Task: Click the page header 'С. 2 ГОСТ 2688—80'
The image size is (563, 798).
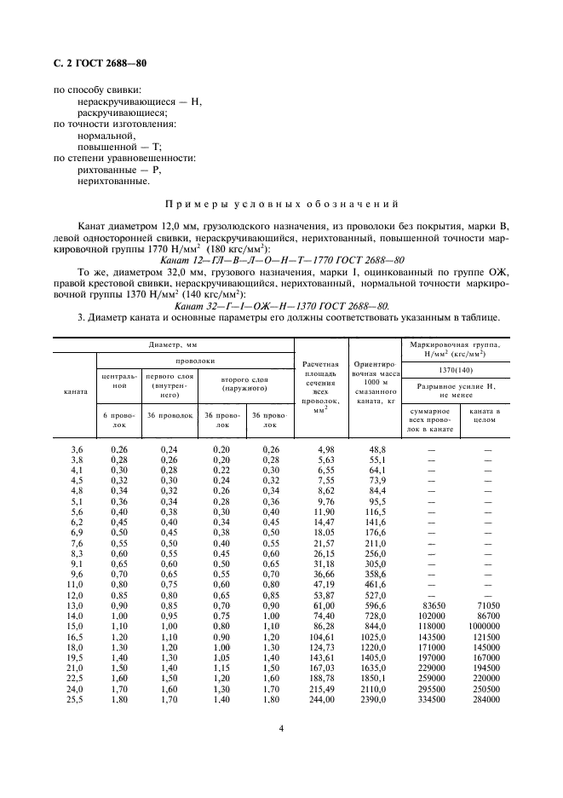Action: tap(101, 62)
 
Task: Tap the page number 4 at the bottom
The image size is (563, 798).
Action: tap(281, 729)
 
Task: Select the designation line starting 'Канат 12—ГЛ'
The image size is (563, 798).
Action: tap(281, 259)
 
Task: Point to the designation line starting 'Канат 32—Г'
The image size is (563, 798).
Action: tap(281, 304)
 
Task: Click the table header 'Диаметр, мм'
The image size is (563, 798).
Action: tap(173, 344)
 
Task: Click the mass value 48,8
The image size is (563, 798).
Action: tap(376, 448)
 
